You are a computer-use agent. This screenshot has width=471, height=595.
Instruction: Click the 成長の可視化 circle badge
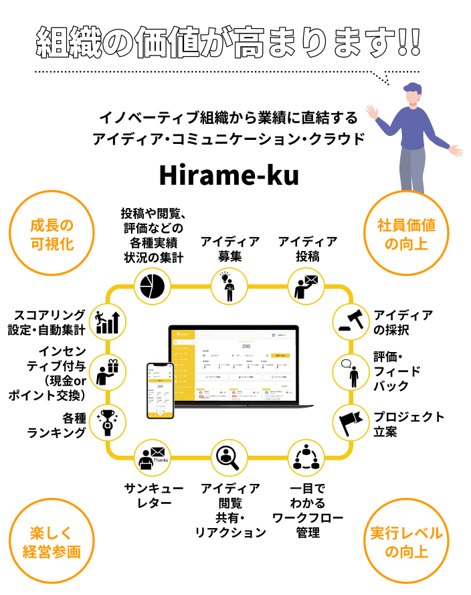pos(52,233)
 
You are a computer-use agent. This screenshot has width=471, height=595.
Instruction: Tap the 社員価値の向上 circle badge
pos(406,233)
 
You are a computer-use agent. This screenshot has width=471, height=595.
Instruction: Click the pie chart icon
pos(153,286)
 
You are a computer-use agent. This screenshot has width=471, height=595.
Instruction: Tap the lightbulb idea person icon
pos(229,286)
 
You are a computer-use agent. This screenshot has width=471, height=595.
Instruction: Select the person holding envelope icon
pos(306,286)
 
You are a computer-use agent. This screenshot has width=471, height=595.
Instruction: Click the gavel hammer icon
pos(351,321)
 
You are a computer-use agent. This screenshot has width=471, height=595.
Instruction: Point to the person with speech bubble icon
pos(351,372)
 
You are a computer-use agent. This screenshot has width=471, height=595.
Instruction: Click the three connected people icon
pos(306,458)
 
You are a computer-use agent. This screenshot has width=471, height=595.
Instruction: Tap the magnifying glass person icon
pos(229,458)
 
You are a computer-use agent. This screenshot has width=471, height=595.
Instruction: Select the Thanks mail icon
pos(153,458)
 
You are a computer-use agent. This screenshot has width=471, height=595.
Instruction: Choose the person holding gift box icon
pos(108,372)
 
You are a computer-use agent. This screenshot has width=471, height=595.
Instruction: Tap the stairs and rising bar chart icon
pos(108,321)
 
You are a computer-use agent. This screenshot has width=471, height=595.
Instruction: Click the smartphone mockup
pos(160,390)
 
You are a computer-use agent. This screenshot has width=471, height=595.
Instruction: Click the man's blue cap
pos(413,88)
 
